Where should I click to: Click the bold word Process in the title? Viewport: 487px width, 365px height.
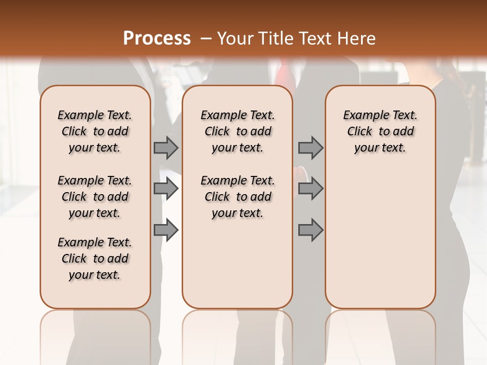click(157, 39)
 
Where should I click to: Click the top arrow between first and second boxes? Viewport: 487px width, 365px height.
click(166, 148)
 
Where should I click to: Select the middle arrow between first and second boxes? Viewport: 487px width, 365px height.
click(166, 189)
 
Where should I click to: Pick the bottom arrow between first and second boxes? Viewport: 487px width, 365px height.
click(166, 230)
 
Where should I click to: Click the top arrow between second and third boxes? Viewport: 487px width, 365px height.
click(310, 148)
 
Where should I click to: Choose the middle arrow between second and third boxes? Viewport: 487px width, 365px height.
click(310, 189)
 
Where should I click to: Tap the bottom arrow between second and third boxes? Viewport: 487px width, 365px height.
click(310, 230)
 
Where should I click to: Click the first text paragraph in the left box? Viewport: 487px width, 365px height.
click(95, 131)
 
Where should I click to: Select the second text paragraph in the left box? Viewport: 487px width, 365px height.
click(95, 197)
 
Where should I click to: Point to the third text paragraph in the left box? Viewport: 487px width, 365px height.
click(95, 259)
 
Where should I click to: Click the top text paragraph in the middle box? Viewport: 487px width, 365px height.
click(237, 131)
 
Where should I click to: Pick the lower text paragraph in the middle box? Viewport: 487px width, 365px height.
click(237, 197)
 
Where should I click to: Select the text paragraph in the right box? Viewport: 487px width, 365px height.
click(380, 131)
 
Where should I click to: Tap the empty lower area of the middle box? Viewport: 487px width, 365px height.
click(237, 264)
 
